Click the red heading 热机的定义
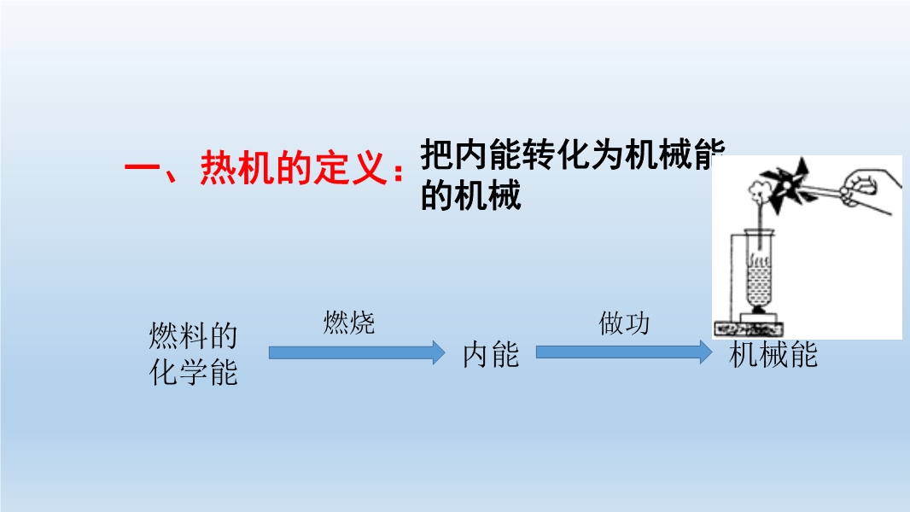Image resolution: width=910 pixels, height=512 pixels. pyautogui.click(x=294, y=168)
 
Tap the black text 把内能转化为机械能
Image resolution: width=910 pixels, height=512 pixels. pyautogui.click(x=573, y=154)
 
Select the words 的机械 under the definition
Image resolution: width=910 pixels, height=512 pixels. pyautogui.click(x=470, y=195)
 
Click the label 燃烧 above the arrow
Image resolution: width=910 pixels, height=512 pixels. pyautogui.click(x=349, y=323)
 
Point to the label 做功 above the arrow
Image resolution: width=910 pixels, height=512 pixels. pyautogui.click(x=624, y=323)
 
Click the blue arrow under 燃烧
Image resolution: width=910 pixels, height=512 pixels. pyautogui.click(x=357, y=352)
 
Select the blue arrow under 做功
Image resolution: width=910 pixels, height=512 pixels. pyautogui.click(x=624, y=352)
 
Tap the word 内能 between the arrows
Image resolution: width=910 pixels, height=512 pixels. pyautogui.click(x=490, y=354)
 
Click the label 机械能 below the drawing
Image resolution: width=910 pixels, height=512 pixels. pyautogui.click(x=773, y=354)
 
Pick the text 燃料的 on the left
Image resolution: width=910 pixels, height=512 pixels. pyautogui.click(x=193, y=335)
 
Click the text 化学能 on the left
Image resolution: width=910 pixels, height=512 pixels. pyautogui.click(x=193, y=372)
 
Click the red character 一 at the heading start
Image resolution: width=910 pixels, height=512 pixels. pyautogui.click(x=142, y=169)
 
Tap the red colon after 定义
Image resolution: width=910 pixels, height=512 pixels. pyautogui.click(x=398, y=171)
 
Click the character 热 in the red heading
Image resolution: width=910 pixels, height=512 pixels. pyautogui.click(x=219, y=168)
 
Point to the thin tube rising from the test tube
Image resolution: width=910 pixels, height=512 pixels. pyautogui.click(x=759, y=226)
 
